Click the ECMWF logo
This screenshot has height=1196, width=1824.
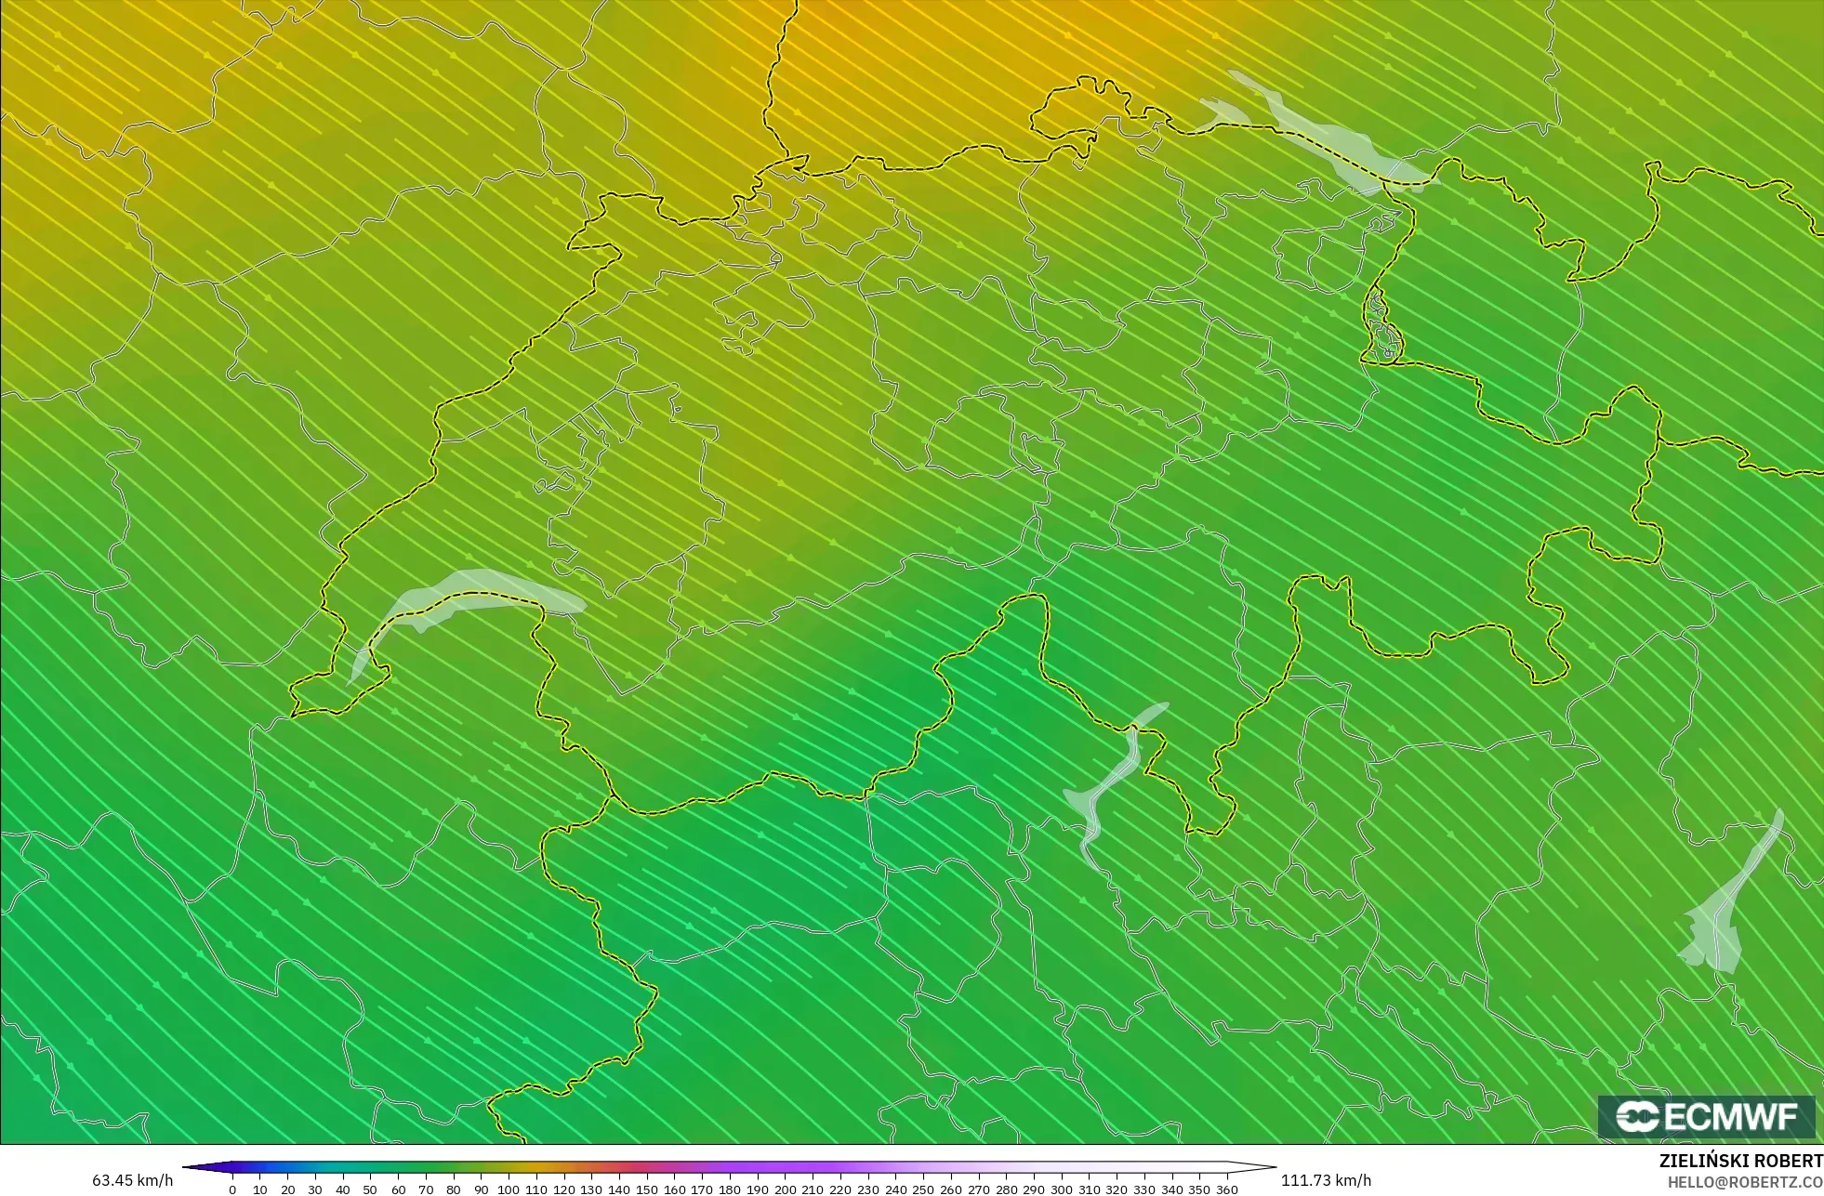pyautogui.click(x=1706, y=1116)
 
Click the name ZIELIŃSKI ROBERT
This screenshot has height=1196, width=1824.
pyautogui.click(x=1740, y=1161)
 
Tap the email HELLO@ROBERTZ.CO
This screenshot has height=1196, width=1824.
pyautogui.click(x=1744, y=1182)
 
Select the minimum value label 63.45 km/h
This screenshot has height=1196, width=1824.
pyautogui.click(x=132, y=1180)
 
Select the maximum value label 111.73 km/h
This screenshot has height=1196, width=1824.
pyautogui.click(x=1326, y=1180)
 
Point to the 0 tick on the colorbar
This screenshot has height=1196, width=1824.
pyautogui.click(x=232, y=1189)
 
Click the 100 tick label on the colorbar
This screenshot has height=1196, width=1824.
pyautogui.click(x=508, y=1189)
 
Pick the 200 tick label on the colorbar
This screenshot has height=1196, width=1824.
pyautogui.click(x=785, y=1189)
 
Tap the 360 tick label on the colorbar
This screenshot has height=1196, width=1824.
pyautogui.click(x=1227, y=1189)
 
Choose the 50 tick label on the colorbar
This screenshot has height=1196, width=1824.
pyautogui.click(x=370, y=1189)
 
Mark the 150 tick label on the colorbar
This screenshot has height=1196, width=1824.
pyautogui.click(x=646, y=1189)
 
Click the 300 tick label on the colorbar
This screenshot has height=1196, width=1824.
pyautogui.click(x=1061, y=1189)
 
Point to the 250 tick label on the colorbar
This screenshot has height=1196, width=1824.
pyautogui.click(x=922, y=1189)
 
